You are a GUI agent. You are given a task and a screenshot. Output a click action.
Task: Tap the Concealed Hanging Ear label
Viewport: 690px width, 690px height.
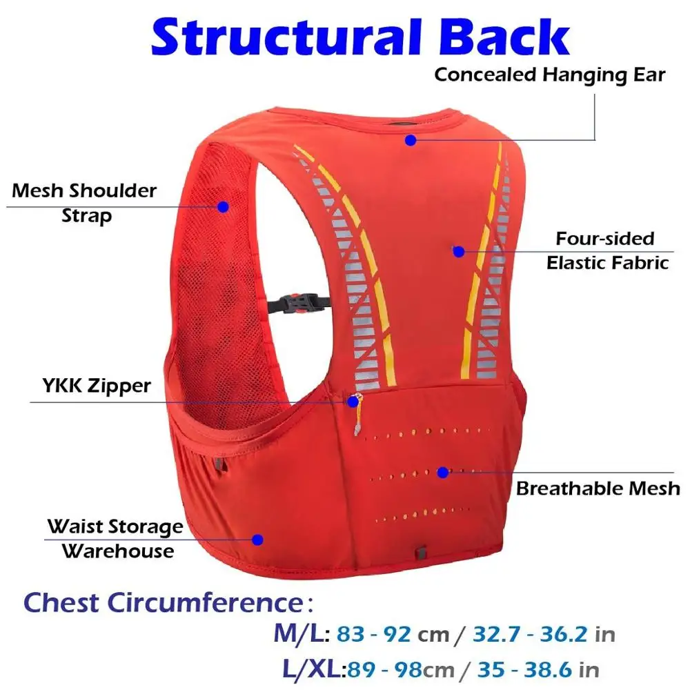(549, 75)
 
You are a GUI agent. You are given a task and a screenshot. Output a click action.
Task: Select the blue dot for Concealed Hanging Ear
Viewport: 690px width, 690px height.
(411, 140)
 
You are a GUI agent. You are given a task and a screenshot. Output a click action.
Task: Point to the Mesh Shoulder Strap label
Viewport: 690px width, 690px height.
(84, 202)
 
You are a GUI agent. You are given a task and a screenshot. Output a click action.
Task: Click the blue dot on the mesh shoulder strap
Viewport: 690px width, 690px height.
(223, 206)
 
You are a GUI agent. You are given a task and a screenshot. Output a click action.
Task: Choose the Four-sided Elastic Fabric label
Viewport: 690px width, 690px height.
(607, 250)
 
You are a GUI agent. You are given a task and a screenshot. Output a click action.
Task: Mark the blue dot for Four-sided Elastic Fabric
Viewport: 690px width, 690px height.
(458, 251)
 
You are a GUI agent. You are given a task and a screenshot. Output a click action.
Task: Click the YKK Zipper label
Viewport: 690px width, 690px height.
(91, 385)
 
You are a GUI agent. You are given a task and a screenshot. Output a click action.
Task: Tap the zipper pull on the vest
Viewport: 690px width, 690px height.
(355, 402)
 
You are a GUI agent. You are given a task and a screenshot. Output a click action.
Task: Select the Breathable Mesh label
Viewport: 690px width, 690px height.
(598, 489)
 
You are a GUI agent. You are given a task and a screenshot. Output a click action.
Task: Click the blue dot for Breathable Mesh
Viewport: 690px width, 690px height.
(442, 472)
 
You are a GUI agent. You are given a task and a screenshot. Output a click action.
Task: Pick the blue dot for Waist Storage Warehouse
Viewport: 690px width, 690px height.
(258, 540)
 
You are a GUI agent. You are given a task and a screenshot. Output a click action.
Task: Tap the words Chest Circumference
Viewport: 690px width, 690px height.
(163, 602)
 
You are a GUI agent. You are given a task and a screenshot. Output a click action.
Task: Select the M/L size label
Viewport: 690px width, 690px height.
(302, 633)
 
